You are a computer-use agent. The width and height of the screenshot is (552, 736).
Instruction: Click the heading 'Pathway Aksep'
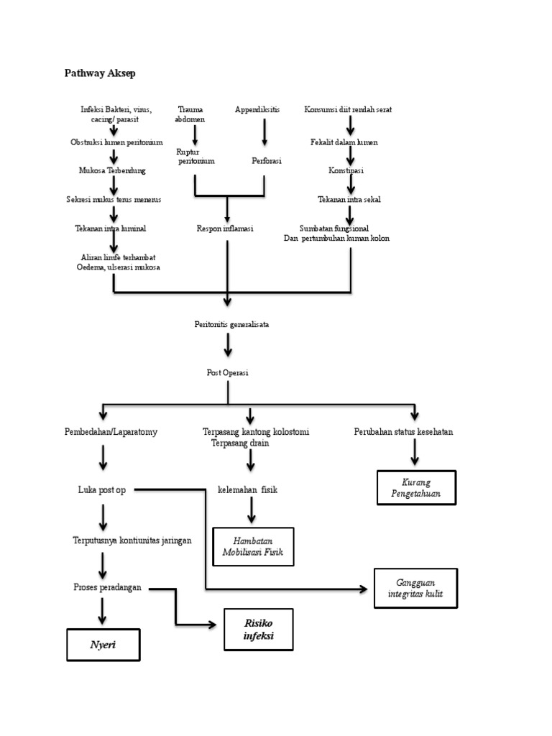(100, 73)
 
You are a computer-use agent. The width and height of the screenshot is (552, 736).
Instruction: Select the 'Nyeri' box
(103, 645)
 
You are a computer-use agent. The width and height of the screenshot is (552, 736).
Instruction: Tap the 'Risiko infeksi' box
(258, 630)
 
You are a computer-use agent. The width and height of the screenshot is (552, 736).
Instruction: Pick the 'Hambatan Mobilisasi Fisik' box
(253, 547)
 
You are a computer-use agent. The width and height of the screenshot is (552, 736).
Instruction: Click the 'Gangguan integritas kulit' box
(415, 588)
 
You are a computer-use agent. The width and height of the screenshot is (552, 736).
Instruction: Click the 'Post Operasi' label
(228, 372)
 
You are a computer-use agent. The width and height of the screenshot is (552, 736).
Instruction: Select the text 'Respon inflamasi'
(225, 229)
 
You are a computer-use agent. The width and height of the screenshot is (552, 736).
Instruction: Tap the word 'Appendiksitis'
(257, 109)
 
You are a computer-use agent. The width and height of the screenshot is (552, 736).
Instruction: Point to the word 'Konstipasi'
(346, 171)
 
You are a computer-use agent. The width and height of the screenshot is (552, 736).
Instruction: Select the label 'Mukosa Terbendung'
(112, 171)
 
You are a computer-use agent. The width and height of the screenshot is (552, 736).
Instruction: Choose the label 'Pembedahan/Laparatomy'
(111, 432)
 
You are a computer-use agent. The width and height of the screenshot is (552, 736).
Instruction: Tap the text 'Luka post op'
(101, 489)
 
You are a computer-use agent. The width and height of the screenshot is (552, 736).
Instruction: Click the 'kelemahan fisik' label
(247, 489)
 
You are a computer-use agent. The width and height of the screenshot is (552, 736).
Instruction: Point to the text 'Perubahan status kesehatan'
(403, 432)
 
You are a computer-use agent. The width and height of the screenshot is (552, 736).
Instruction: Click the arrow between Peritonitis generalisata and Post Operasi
(228, 345)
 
